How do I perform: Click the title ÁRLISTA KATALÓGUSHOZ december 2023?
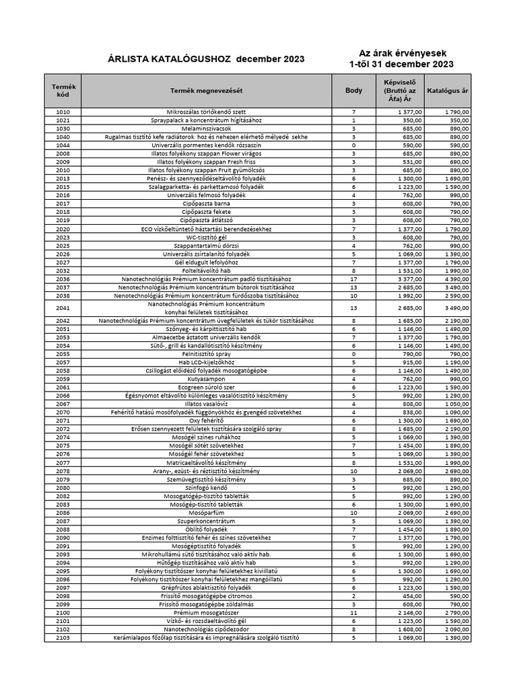(206, 59)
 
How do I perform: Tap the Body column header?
(353, 90)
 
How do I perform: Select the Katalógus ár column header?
(448, 90)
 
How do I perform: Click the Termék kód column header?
(63, 90)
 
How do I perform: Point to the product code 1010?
(63, 111)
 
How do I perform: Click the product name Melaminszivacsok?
(206, 128)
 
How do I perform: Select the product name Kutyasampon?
(206, 379)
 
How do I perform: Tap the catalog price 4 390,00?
(456, 279)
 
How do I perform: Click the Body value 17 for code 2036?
(353, 279)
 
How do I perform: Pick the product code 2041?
(63, 308)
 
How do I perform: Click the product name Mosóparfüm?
(206, 513)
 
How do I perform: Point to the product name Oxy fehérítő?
(206, 421)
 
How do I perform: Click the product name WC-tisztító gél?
(206, 237)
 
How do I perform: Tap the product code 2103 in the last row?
(63, 638)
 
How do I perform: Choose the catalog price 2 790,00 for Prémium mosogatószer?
(456, 613)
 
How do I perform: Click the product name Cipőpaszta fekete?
(206, 212)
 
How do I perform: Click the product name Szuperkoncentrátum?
(206, 521)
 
